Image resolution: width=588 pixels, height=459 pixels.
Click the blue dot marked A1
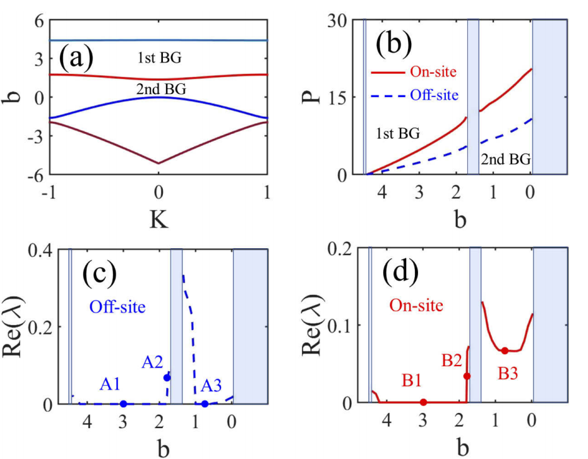pos(123,403)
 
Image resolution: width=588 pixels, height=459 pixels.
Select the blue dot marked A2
pos(167,378)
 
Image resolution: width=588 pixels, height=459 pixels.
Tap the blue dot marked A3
pos(205,403)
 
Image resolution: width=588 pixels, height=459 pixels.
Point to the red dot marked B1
pos(423,402)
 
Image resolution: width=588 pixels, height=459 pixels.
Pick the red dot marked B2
pos(467,376)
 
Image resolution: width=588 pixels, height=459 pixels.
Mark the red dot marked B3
pos(505,350)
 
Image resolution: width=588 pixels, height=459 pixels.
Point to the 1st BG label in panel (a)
pos(159,59)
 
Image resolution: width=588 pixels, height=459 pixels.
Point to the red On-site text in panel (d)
pos(416,306)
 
